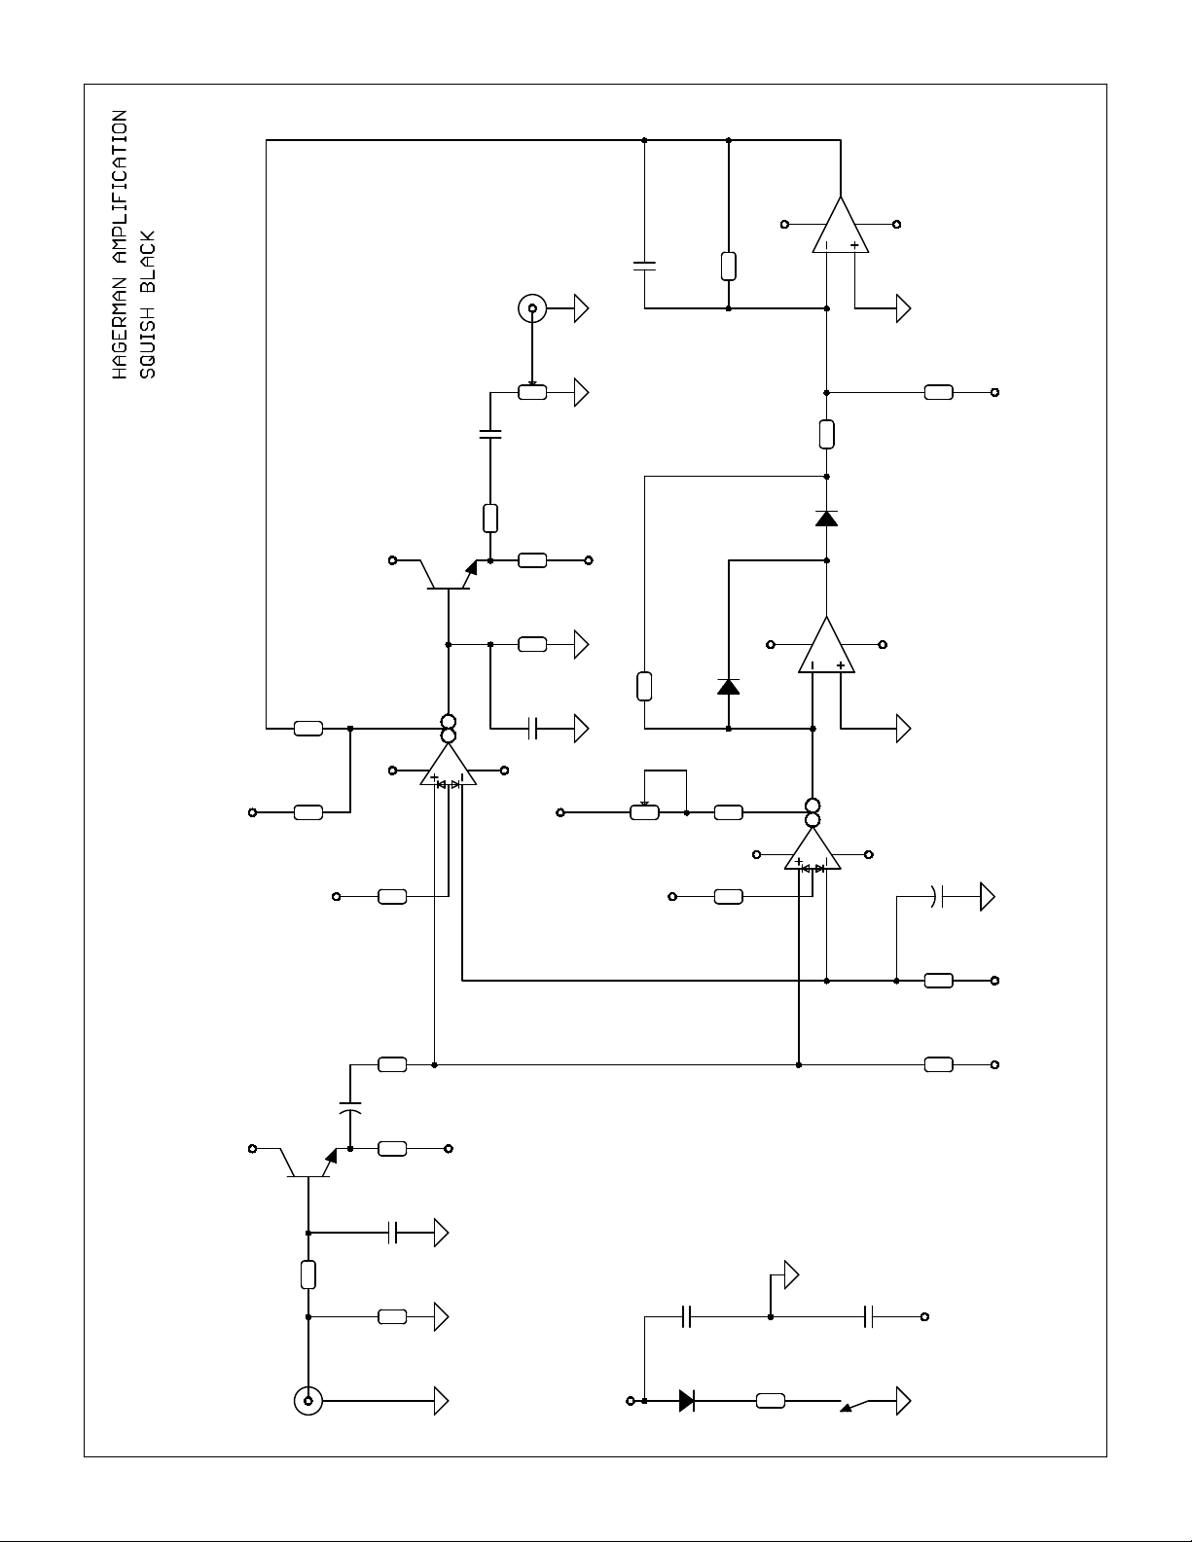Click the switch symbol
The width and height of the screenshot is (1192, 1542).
(x=855, y=1404)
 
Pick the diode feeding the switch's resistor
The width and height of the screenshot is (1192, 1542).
(x=686, y=1401)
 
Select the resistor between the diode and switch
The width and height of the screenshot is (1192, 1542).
(x=771, y=1401)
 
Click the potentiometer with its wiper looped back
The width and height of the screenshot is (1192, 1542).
(x=644, y=812)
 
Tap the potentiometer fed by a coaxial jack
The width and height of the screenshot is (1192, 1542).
(x=532, y=392)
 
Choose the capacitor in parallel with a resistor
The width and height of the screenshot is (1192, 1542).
(x=644, y=267)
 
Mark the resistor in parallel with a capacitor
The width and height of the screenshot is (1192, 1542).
(x=729, y=267)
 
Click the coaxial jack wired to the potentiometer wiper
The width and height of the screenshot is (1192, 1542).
(x=532, y=308)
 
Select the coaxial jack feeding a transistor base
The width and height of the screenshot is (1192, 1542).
(x=307, y=1401)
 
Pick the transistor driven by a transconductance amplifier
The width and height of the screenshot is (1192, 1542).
(x=449, y=575)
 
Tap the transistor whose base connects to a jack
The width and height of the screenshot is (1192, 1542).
(x=307, y=1164)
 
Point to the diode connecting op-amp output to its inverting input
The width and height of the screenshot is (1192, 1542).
(x=729, y=686)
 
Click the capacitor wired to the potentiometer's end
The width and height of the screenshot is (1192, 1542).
(x=490, y=434)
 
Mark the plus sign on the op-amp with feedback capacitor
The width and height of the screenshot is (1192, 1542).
(x=855, y=245)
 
